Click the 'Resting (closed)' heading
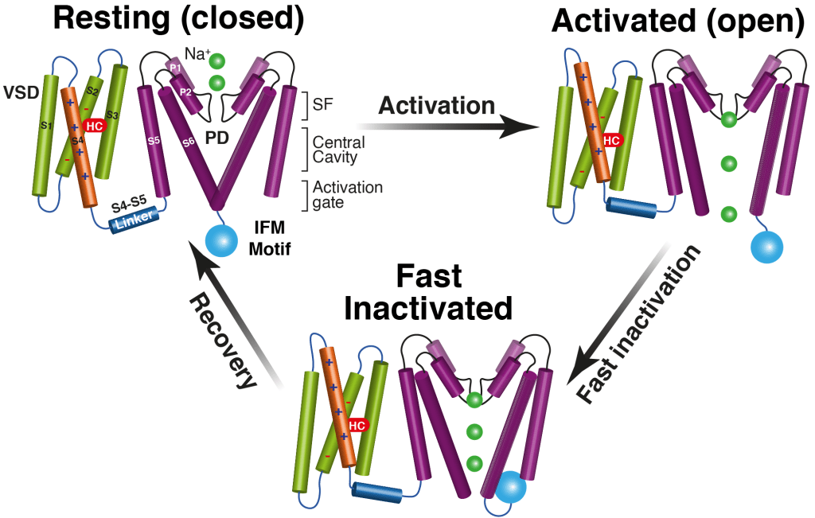178,19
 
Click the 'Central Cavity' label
339,150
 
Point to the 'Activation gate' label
348,194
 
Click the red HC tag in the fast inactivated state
357,425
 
